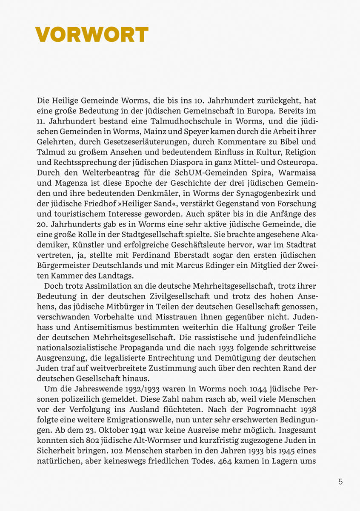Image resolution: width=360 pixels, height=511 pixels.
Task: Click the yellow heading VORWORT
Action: [91, 34]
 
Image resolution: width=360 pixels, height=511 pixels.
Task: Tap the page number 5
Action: [340, 482]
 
